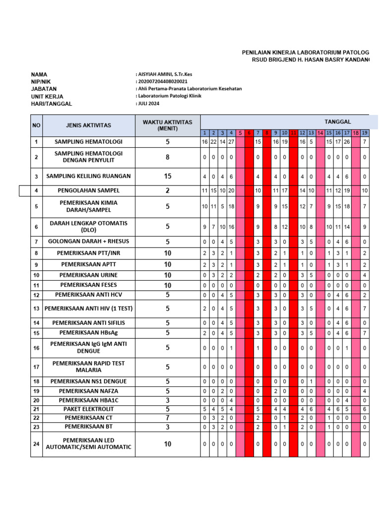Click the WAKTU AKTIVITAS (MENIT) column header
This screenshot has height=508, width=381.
coord(168,125)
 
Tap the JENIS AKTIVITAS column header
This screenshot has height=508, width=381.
coord(88,126)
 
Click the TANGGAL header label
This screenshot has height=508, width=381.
coord(337,122)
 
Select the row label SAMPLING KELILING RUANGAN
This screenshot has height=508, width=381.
coord(88,176)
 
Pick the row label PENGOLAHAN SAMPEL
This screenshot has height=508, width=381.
coord(88,190)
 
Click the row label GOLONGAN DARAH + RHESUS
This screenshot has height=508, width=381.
coord(88,242)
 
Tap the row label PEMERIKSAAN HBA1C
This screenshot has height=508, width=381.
coord(88,400)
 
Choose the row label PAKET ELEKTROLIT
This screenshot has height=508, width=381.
coord(88,409)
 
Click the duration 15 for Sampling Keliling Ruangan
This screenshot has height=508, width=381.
coord(168,176)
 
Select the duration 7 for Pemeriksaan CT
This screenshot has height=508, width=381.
coord(168,418)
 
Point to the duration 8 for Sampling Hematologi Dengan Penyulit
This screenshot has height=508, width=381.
coord(168,157)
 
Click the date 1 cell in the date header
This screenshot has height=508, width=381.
coord(204,133)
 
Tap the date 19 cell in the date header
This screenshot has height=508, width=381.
coord(365,133)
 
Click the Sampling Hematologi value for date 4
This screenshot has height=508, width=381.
coord(231,142)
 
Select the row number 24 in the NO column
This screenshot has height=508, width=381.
coord(36,444)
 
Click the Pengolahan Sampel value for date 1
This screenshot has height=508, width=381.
coord(204,190)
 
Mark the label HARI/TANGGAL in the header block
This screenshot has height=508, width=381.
coord(52,104)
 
